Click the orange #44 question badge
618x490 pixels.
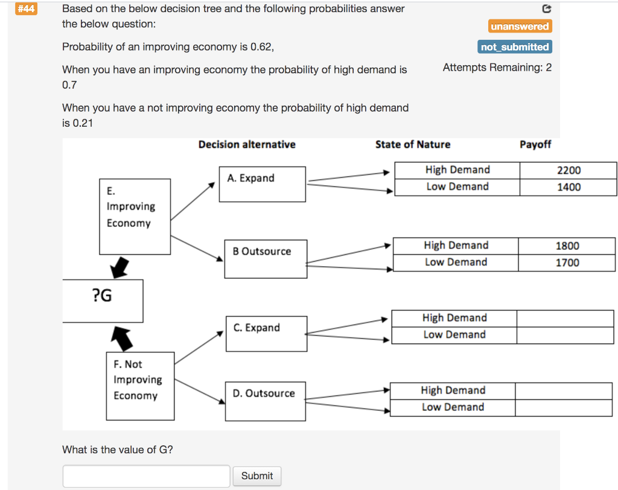coord(25,9)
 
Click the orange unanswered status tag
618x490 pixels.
coord(520,27)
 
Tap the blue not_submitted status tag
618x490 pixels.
coord(515,47)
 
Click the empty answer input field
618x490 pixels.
coord(146,476)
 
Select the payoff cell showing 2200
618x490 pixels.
coord(568,170)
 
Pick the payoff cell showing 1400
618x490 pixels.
coord(568,187)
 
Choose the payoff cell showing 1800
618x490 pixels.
coord(567,246)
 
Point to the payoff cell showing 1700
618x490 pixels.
coord(567,262)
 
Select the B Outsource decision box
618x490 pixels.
coord(266,259)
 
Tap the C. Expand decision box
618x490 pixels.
coord(266,334)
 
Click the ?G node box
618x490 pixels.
coord(102,301)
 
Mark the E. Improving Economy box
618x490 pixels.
coord(135,216)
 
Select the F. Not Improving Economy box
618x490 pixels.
coord(140,386)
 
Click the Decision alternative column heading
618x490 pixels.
coord(247,144)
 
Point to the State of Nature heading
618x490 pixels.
coord(412,144)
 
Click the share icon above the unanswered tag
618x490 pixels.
coord(547,9)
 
